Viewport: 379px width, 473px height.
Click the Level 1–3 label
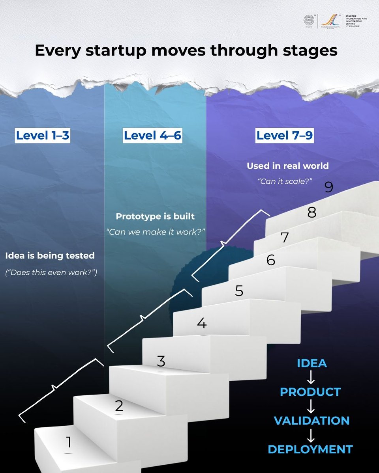(x=42, y=136)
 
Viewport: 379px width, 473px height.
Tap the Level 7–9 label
(x=285, y=136)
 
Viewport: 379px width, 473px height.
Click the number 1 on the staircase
(x=69, y=442)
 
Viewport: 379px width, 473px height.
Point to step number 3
(x=161, y=361)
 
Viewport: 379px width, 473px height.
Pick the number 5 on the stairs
(x=239, y=291)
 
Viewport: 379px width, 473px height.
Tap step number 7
(x=285, y=238)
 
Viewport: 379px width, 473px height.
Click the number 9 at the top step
(x=329, y=187)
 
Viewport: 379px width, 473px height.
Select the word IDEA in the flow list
(x=311, y=363)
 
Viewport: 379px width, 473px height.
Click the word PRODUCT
(x=310, y=392)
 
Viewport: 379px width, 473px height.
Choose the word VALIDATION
(x=311, y=421)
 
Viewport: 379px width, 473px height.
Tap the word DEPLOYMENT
(x=310, y=449)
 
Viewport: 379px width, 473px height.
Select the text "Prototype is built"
(x=155, y=217)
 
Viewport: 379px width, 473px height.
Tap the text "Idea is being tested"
(x=50, y=255)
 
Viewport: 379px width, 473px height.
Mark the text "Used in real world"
(x=287, y=166)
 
